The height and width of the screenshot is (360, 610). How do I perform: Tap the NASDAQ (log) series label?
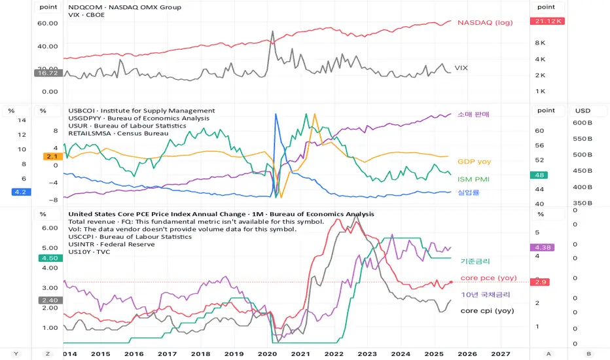[485, 22]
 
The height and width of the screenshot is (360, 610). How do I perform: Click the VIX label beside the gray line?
[461, 67]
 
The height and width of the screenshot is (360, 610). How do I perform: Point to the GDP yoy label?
[474, 161]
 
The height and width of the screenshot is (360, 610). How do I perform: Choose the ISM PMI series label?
[473, 179]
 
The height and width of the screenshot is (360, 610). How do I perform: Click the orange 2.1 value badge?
[52, 156]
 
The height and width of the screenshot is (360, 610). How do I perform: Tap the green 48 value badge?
[540, 175]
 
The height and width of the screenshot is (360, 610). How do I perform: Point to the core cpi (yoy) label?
[486, 310]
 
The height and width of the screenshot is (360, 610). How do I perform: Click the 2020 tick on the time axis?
[268, 353]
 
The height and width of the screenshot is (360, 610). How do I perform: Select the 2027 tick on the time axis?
[501, 353]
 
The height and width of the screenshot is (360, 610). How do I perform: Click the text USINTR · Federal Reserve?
[111, 244]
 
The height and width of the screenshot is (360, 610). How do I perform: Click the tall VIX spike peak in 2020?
[272, 31]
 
